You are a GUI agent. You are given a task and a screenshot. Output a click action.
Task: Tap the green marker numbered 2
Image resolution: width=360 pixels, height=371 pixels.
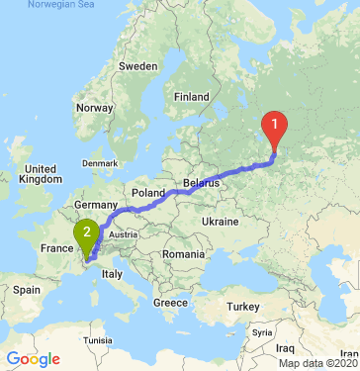[x=88, y=234]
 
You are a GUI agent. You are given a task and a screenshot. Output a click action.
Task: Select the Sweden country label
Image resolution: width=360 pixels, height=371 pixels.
[x=137, y=65]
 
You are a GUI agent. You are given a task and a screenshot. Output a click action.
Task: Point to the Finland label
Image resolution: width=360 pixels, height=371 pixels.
[x=191, y=97]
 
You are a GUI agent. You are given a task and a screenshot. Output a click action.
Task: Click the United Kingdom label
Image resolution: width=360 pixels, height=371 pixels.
[x=42, y=174]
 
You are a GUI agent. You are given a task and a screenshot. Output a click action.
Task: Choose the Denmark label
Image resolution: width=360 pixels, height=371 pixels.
[x=99, y=161]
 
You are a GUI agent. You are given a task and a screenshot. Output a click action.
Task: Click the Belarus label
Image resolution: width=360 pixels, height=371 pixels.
[x=201, y=184]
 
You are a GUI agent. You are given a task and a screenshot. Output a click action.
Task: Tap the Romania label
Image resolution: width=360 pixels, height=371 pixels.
[x=184, y=254]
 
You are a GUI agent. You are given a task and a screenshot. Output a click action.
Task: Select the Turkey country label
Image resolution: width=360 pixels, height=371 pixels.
[x=243, y=308]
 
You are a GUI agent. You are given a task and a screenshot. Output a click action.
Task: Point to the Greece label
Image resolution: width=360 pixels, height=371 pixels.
[x=170, y=302]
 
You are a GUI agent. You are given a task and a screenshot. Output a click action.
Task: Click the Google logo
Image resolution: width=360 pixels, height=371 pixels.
[x=32, y=358]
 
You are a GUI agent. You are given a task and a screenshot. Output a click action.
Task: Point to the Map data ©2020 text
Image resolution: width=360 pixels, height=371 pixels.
[x=317, y=363]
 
